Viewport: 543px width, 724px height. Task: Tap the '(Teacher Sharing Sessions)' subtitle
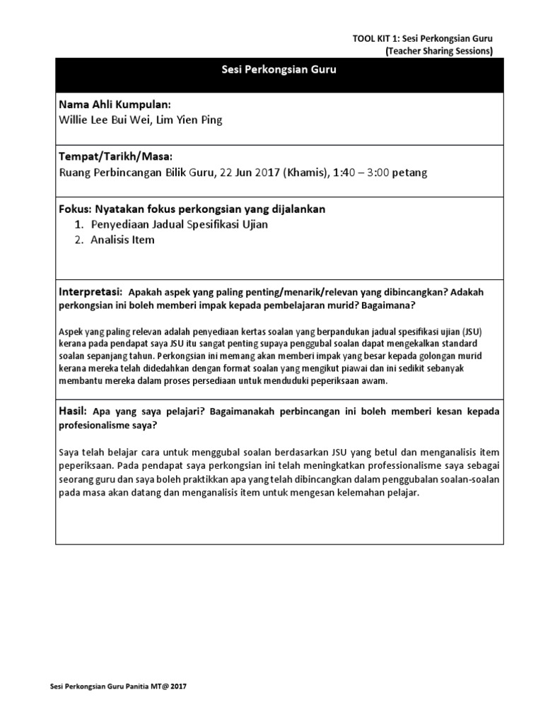(438, 51)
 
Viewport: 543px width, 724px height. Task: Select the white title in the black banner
(280, 70)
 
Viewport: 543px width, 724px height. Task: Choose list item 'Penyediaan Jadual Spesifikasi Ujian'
(179, 224)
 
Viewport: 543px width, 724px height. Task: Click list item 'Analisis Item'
(122, 240)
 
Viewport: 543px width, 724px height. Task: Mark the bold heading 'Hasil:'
(74, 411)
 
